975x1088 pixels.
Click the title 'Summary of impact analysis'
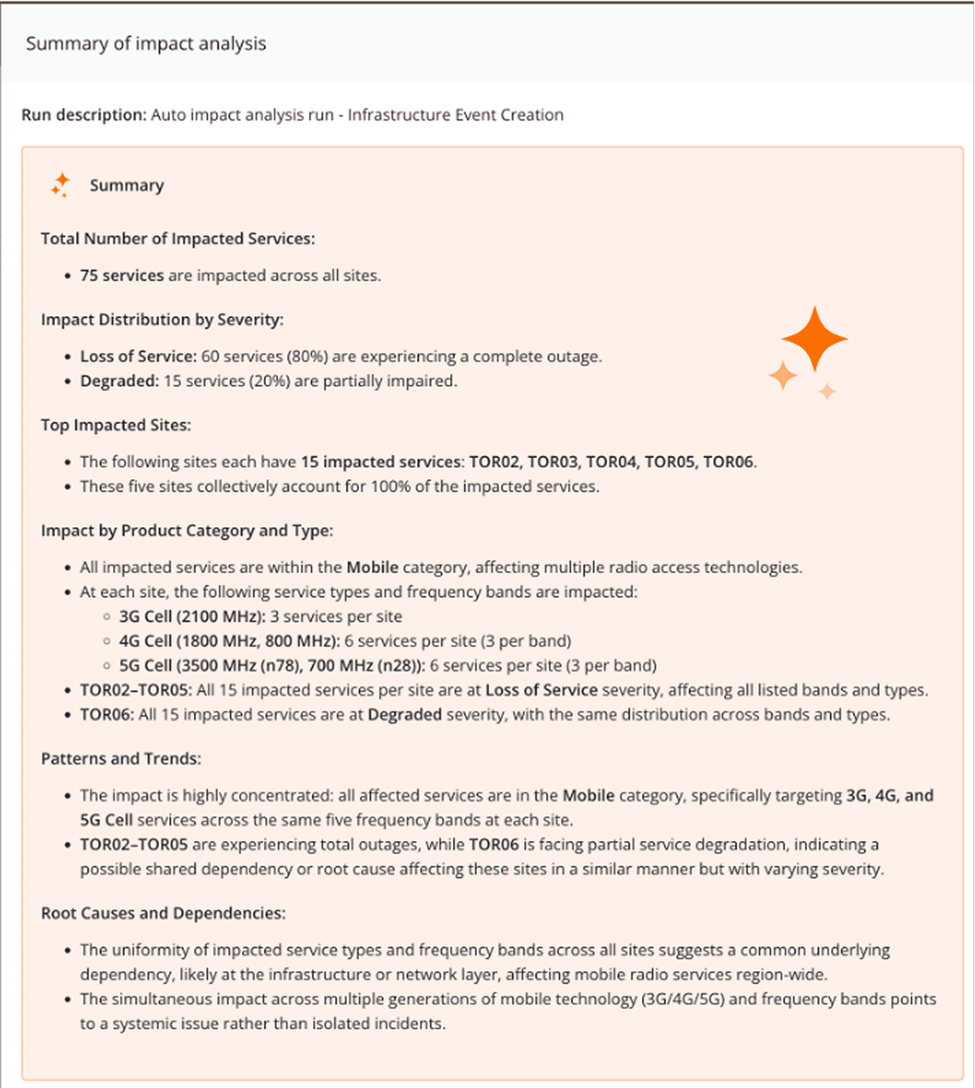146,44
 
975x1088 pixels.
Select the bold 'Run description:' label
83,115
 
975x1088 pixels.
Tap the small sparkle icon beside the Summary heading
61,185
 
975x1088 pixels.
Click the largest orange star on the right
814,339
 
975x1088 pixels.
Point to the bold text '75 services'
121,275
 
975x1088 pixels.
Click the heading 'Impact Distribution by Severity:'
162,320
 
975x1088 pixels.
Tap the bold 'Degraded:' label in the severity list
119,381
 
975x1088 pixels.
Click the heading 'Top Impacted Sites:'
116,425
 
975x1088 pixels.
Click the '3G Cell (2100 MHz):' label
192,617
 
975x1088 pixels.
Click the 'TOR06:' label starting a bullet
106,715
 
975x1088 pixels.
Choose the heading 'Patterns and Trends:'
121,758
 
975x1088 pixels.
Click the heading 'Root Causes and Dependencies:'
163,913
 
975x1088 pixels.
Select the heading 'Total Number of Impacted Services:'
178,238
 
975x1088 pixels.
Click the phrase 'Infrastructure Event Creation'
455,115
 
